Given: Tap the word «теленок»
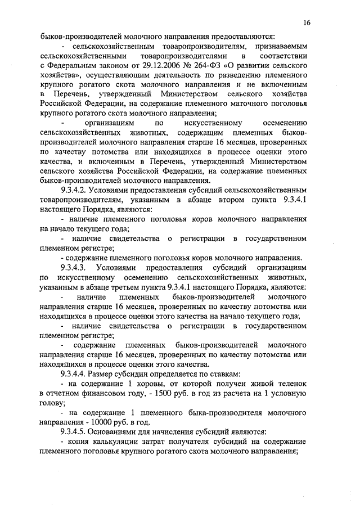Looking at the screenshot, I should pyautogui.click(x=292, y=383).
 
